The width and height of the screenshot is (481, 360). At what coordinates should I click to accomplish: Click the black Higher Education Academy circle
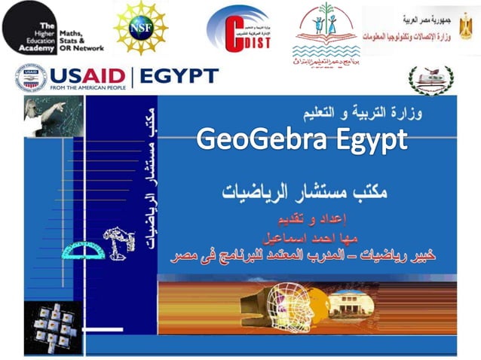tap(30, 28)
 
